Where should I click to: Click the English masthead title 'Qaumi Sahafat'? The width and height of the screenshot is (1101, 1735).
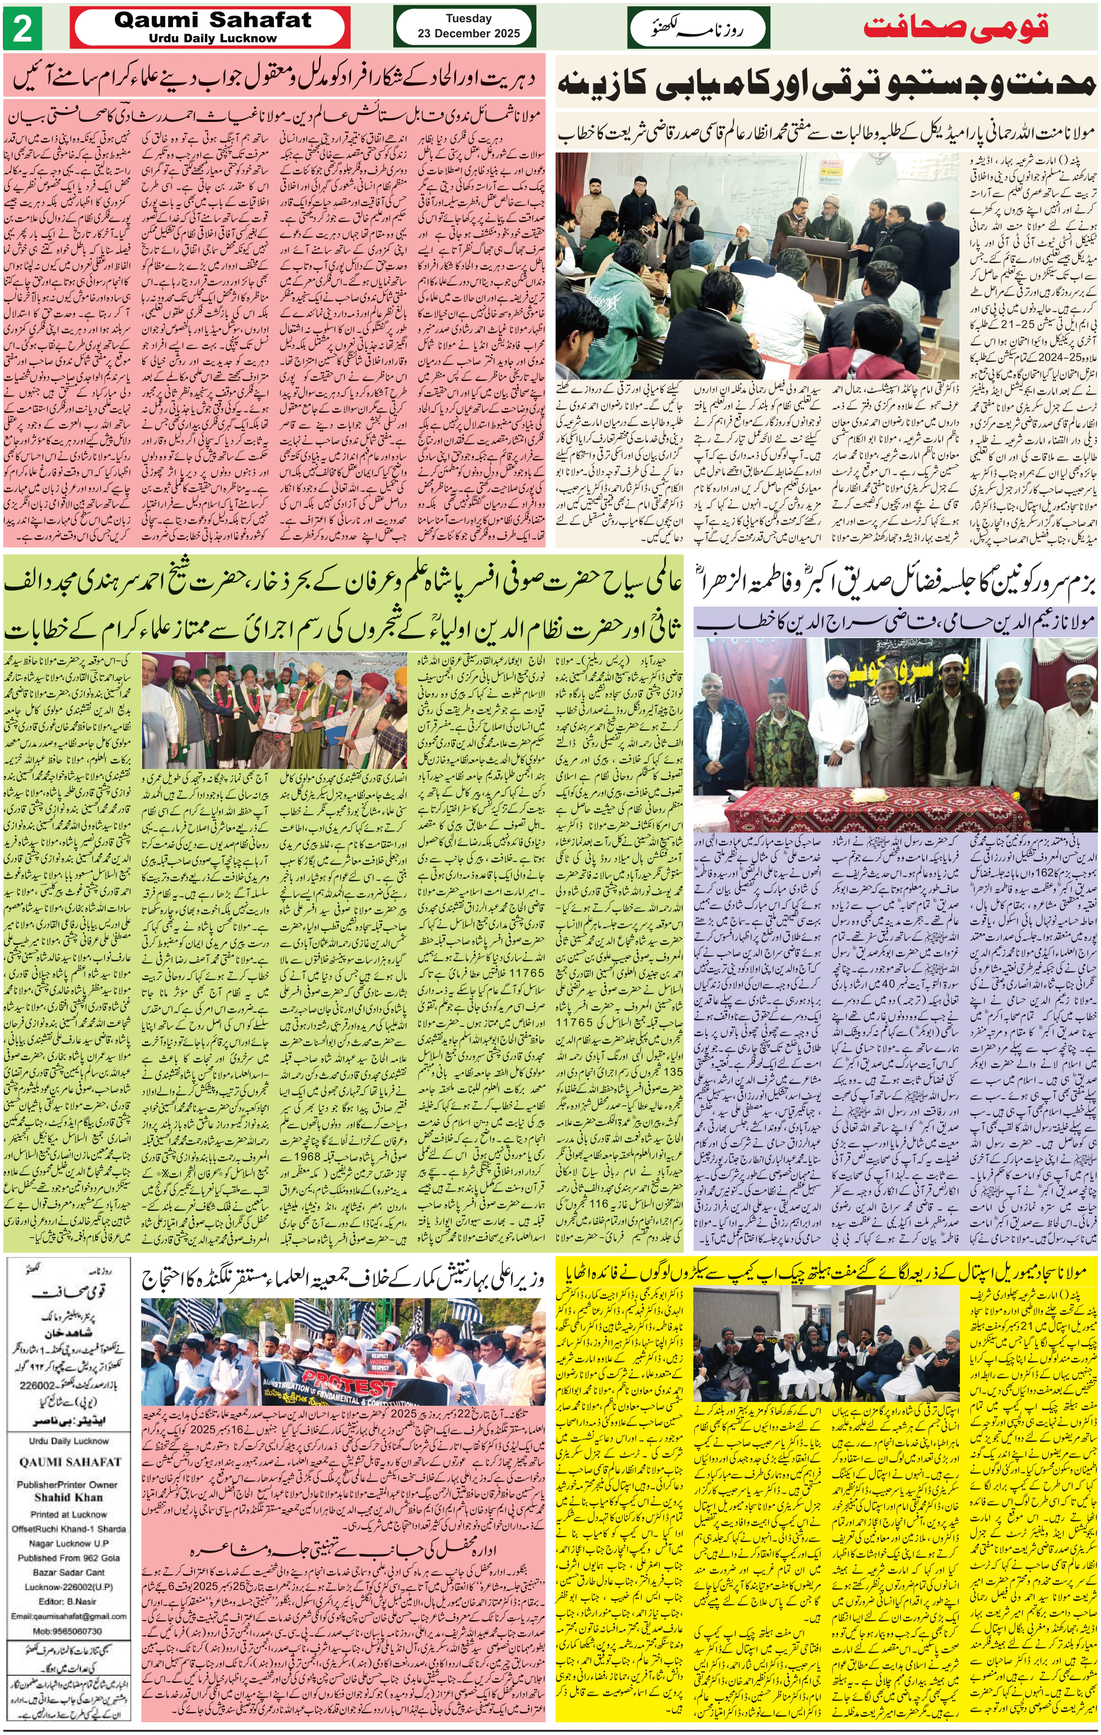pyautogui.click(x=213, y=21)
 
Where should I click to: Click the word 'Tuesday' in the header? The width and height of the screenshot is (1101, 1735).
pyautogui.click(x=468, y=19)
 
